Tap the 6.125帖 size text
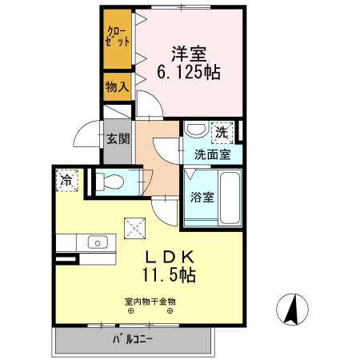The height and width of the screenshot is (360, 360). point(190,72)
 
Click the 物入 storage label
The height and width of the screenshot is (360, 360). point(117,86)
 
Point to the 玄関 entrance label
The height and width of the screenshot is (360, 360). point(118,138)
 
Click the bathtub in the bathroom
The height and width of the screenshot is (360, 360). point(230,198)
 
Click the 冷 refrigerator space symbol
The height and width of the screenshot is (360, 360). point(66,180)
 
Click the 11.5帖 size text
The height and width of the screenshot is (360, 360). point(170,274)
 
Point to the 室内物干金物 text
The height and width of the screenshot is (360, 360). point(150,302)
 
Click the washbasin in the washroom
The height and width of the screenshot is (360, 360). point(194,129)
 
